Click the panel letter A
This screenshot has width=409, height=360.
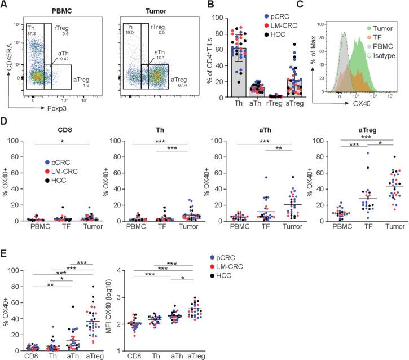click(x=5, y=5)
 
